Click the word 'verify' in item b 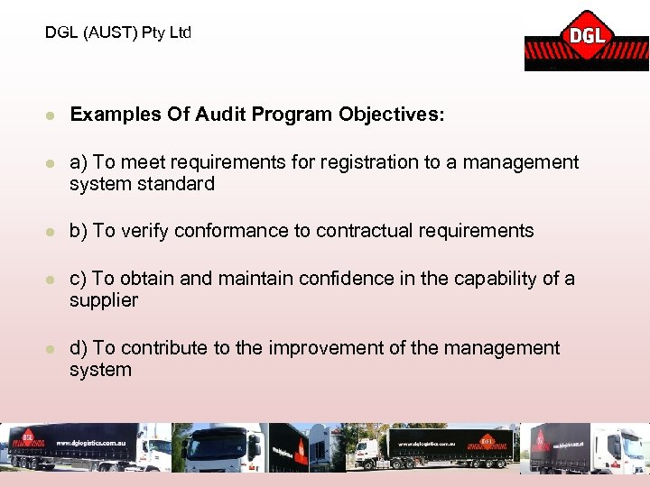coord(144,231)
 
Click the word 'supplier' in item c coord(104,300)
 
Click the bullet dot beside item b coord(51,231)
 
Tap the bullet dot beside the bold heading coord(51,115)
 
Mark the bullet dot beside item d coord(51,348)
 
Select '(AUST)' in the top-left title coord(109,33)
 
